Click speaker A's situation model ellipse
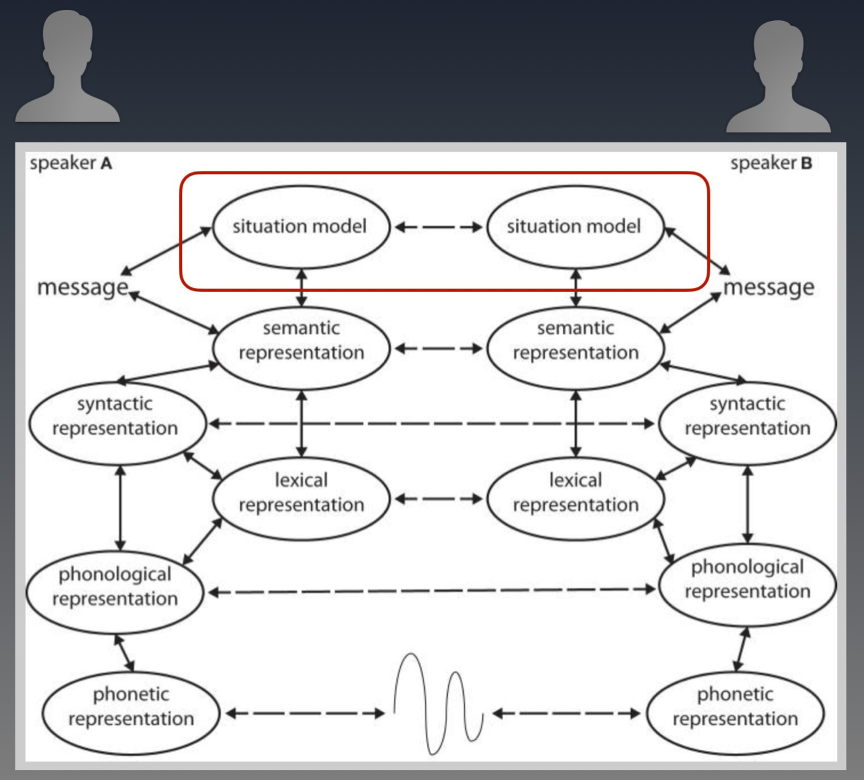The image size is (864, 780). [301, 227]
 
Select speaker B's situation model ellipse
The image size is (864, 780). [575, 227]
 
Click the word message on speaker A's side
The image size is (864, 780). [83, 287]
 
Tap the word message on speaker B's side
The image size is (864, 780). [769, 287]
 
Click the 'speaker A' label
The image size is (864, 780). [71, 163]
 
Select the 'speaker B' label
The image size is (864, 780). [771, 163]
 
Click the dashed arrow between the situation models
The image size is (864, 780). [438, 227]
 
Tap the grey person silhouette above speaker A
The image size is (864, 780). [68, 66]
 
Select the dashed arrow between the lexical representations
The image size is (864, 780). [438, 499]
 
